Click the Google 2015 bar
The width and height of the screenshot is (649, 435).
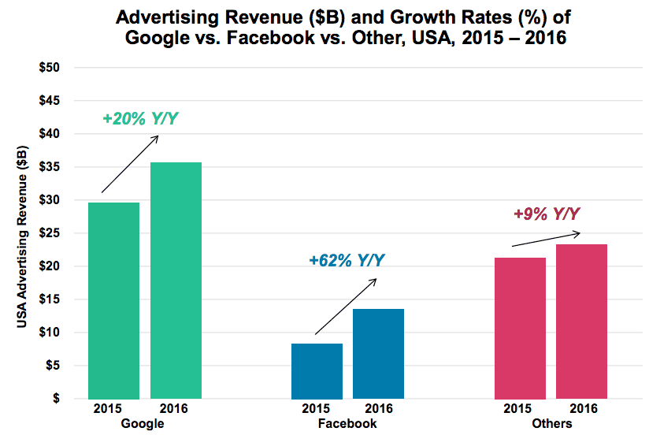[113, 300]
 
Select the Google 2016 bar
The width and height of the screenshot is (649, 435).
[176, 280]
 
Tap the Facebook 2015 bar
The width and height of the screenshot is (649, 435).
[317, 370]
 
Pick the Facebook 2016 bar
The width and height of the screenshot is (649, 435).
[378, 353]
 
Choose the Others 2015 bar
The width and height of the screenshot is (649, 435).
[520, 328]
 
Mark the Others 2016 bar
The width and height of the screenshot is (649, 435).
[581, 321]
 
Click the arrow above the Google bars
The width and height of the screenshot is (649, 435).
[130, 164]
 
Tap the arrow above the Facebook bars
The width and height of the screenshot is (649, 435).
[345, 307]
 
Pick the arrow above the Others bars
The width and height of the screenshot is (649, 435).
[546, 239]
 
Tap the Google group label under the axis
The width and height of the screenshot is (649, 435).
[144, 423]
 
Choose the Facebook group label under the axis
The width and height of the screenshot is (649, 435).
[347, 423]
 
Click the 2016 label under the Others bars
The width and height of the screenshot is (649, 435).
[582, 409]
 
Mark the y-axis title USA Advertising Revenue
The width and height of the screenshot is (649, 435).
[23, 233]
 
